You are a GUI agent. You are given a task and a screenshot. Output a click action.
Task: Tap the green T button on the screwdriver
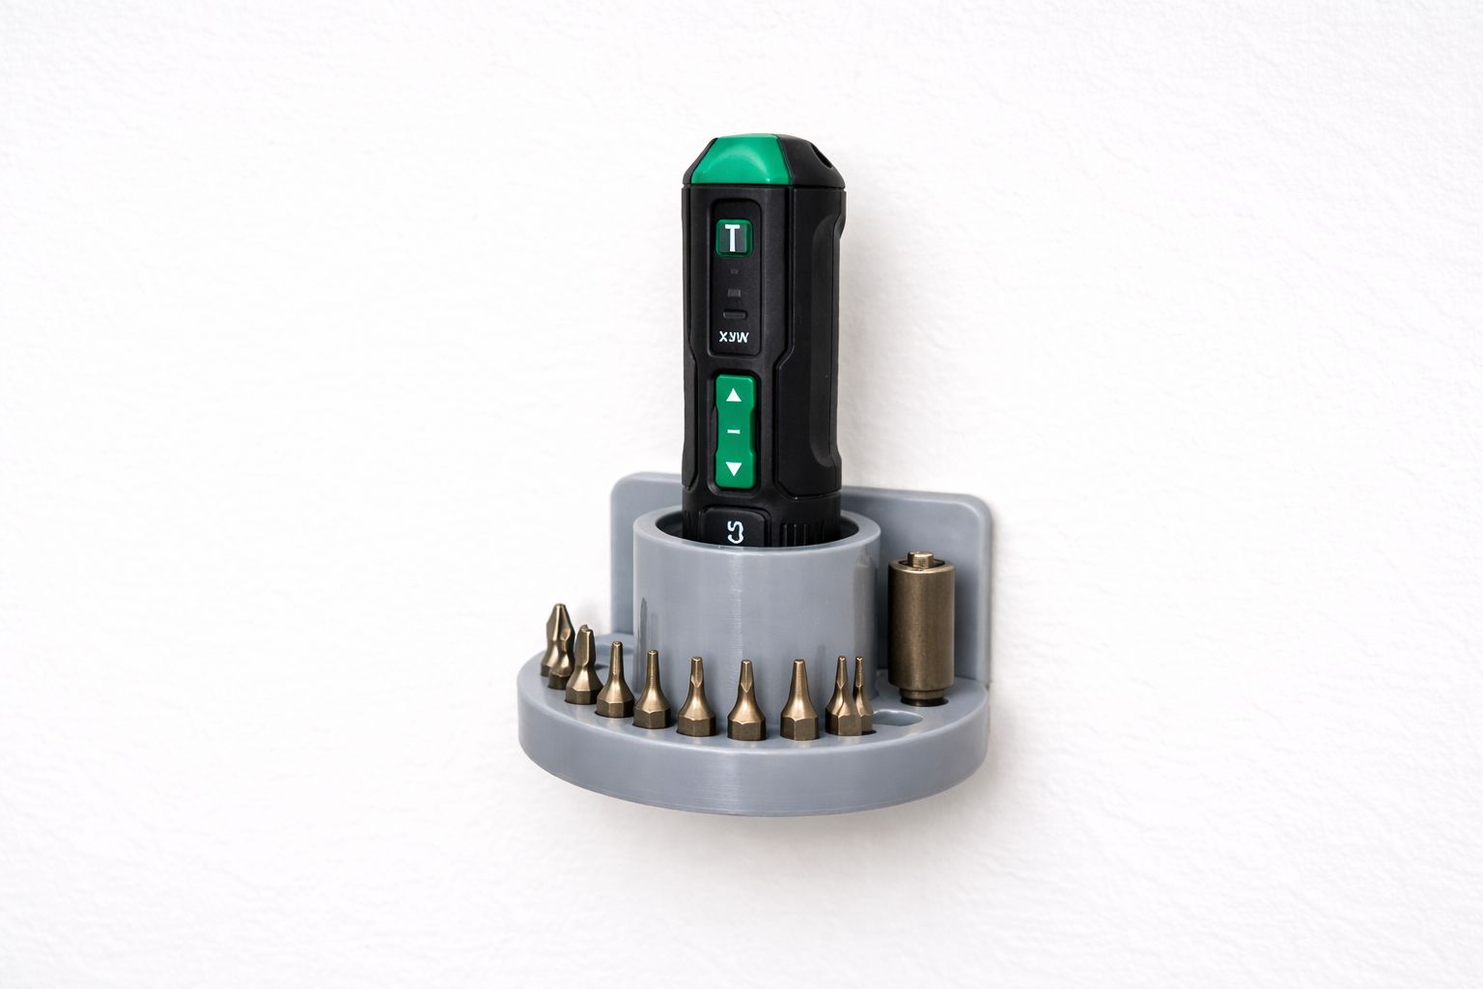(735, 237)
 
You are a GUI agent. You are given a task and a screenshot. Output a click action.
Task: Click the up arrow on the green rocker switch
(735, 394)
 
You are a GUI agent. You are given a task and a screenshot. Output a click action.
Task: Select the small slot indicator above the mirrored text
(735, 315)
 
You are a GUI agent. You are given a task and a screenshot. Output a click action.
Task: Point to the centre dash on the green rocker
(735, 432)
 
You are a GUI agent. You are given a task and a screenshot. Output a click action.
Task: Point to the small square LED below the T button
(735, 292)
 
